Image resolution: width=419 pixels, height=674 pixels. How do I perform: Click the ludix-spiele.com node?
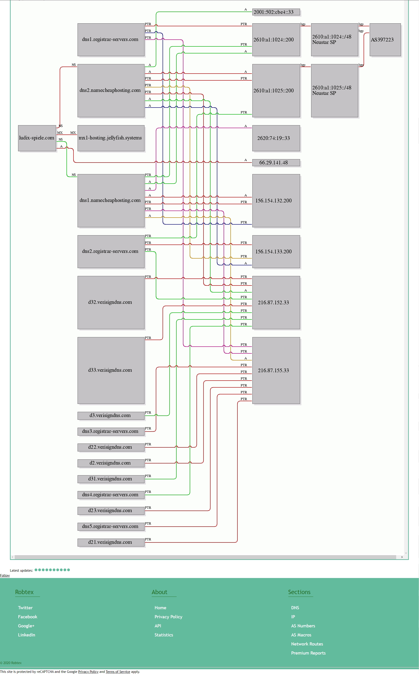click(37, 138)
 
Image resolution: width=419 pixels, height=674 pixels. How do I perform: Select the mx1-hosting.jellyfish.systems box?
click(111, 138)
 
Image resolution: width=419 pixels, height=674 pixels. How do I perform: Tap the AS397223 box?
click(385, 40)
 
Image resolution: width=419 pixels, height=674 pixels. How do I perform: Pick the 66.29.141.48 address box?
click(276, 163)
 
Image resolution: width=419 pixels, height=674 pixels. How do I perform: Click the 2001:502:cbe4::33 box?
click(276, 12)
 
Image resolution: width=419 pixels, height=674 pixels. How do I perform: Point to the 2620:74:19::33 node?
click(276, 138)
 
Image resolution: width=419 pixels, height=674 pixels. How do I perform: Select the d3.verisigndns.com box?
click(111, 415)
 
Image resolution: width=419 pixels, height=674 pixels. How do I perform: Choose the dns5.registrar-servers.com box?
click(111, 526)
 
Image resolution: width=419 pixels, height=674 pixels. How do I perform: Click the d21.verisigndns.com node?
click(111, 542)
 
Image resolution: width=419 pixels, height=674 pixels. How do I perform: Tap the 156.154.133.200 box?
click(276, 252)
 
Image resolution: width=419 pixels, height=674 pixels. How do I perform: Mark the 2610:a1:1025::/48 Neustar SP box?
click(334, 91)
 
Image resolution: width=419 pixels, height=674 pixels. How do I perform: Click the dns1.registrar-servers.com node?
click(111, 40)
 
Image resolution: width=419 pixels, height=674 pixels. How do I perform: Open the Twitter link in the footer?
click(25, 608)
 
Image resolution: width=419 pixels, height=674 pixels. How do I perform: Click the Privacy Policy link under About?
click(168, 617)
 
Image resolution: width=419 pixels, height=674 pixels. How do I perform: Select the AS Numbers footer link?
click(303, 626)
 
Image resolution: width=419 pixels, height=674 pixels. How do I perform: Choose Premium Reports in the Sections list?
click(308, 653)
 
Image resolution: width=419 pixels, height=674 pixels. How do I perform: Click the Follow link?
click(5, 576)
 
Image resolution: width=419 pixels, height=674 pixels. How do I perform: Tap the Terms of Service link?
click(118, 672)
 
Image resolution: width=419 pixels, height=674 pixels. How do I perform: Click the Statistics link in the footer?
click(164, 635)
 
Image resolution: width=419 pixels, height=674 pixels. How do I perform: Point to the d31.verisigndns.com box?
click(111, 479)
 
